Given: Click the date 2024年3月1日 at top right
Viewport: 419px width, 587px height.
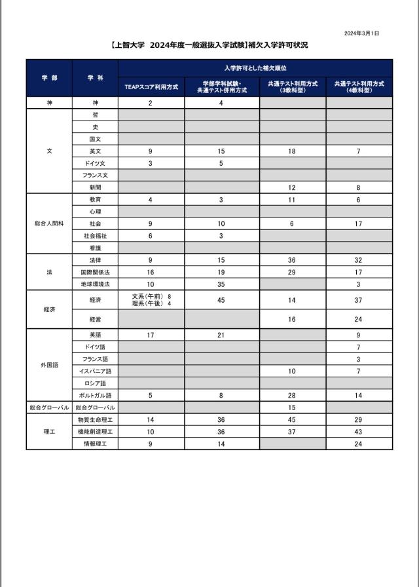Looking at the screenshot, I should click(x=361, y=33).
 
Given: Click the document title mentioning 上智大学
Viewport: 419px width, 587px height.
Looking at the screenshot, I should click(x=209, y=45).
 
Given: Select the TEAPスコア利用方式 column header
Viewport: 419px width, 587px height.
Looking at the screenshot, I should click(x=151, y=86).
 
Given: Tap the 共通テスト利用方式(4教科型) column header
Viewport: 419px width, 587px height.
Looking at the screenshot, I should click(x=359, y=86).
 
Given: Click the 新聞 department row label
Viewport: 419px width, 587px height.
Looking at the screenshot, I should click(x=95, y=187).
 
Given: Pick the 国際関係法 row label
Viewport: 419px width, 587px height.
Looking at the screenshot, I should click(x=95, y=272).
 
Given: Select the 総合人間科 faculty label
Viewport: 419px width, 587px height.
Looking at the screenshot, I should click(x=49, y=223).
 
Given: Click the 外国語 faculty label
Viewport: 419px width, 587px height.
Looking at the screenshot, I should click(x=49, y=365).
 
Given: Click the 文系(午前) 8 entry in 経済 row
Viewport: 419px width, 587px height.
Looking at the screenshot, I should click(x=151, y=297).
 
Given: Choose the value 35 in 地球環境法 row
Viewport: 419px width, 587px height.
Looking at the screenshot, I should click(x=221, y=284).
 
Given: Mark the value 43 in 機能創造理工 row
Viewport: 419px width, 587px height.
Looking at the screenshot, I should click(x=359, y=432).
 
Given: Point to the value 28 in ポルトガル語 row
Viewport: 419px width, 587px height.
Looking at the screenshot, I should click(x=292, y=396).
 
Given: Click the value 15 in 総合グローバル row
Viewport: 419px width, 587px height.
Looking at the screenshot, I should click(x=292, y=407).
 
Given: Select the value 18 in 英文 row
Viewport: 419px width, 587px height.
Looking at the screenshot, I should click(x=292, y=151).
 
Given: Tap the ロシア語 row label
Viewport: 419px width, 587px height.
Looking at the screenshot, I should click(x=95, y=383).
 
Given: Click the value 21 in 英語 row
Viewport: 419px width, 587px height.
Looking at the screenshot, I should click(x=221, y=335).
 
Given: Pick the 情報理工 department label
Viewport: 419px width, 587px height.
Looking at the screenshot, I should click(x=95, y=444).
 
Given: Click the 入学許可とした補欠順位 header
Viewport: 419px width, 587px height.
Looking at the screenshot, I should click(x=255, y=68).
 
